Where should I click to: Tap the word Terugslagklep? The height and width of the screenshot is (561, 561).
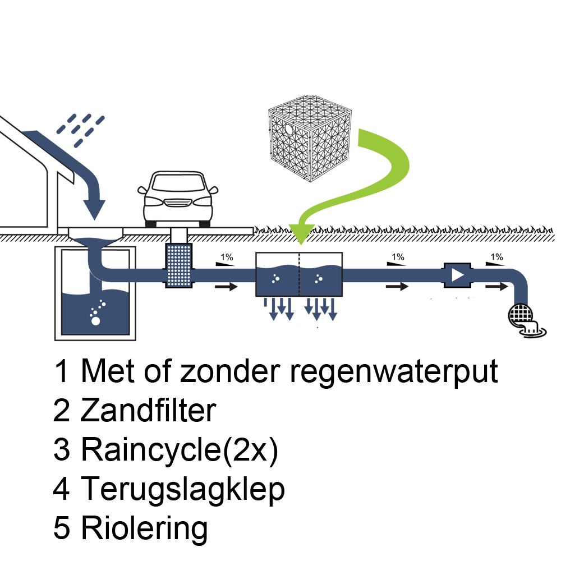(x=183, y=489)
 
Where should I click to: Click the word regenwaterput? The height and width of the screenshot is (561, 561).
(x=393, y=372)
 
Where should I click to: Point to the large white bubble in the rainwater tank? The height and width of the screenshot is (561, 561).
(x=95, y=321)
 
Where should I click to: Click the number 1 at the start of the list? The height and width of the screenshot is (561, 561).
(x=62, y=372)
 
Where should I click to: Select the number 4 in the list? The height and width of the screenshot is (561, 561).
(x=62, y=489)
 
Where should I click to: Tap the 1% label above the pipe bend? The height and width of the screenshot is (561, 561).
(x=496, y=257)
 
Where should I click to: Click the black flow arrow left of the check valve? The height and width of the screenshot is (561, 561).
(x=397, y=287)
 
